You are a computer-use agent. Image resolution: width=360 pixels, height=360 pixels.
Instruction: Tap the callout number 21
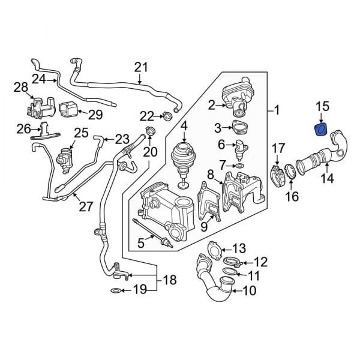[x=140, y=67]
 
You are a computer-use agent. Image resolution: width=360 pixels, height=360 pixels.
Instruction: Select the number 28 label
[x=21, y=89]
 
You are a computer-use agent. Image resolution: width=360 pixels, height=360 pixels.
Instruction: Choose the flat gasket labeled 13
[x=213, y=250]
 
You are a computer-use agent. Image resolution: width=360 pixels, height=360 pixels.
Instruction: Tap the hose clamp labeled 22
[x=169, y=115]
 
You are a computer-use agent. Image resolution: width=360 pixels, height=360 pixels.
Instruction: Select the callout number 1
[x=277, y=110]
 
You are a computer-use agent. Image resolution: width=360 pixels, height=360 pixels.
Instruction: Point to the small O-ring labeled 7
[x=239, y=165]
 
